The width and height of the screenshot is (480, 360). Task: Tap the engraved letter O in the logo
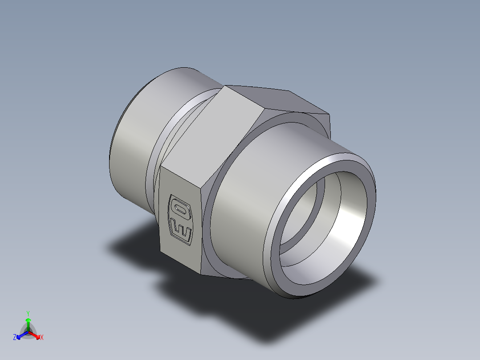(x=180, y=209)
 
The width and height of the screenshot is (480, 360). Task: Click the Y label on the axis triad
(x=28, y=313)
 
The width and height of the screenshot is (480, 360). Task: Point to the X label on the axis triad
(x=42, y=338)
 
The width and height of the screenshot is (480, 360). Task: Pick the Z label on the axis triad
(x=15, y=338)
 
